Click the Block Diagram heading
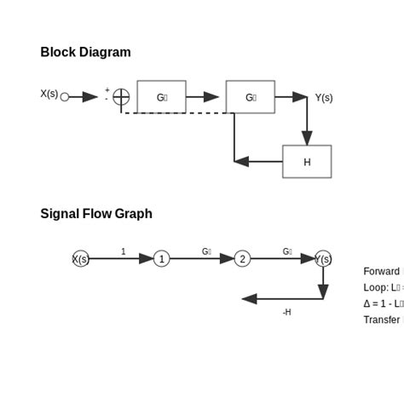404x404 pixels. (85, 52)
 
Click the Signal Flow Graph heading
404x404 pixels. (96, 213)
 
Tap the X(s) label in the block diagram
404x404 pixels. (49, 94)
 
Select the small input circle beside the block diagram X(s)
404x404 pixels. (65, 97)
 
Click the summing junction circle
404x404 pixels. (121, 97)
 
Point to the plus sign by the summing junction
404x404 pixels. (107, 89)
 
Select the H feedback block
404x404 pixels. (307, 162)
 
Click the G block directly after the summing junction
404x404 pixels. (161, 97)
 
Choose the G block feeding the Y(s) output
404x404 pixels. (250, 97)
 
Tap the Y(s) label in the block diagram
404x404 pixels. (324, 97)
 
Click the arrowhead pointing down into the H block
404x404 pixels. (307, 138)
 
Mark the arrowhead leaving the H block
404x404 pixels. (241, 161)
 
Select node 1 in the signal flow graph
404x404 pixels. (161, 258)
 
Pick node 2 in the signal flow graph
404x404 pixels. (242, 258)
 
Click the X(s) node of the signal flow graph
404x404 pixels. (80, 258)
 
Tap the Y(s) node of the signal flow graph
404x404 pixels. (323, 258)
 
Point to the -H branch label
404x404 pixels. (286, 312)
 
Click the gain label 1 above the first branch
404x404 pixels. (123, 251)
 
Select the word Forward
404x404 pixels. (381, 271)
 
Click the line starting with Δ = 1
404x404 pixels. (383, 303)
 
